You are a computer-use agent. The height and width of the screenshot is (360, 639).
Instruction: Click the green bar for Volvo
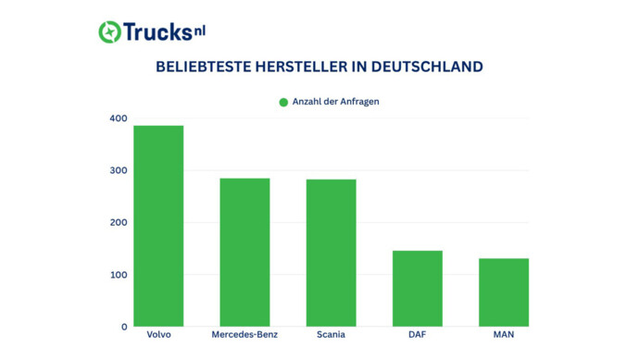click(158, 226)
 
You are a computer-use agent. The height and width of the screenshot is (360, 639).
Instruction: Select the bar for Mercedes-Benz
click(244, 252)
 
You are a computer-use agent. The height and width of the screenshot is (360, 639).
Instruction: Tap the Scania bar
click(331, 253)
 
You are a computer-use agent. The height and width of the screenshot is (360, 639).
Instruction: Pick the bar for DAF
click(418, 288)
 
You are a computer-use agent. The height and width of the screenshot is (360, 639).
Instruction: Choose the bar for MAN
click(504, 292)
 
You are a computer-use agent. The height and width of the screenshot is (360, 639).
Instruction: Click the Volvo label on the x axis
click(158, 335)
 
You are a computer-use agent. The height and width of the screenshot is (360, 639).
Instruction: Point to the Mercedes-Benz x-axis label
click(244, 335)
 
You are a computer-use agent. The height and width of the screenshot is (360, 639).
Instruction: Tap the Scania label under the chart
click(331, 335)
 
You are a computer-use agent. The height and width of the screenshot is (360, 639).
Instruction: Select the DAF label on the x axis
click(418, 335)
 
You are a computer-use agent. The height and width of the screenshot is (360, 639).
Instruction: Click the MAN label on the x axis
click(504, 335)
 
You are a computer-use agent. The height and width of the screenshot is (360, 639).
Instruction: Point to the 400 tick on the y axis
click(118, 118)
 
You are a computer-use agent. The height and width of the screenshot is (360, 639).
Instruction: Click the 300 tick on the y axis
click(118, 170)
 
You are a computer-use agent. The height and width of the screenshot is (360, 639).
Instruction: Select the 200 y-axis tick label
click(118, 223)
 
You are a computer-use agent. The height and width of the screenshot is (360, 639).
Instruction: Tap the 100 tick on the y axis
click(118, 275)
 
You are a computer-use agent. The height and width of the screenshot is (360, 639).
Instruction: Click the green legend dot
click(283, 102)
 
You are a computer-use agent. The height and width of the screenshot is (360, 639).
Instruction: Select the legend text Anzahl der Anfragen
click(335, 102)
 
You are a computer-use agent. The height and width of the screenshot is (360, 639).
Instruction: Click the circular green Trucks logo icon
click(110, 31)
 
